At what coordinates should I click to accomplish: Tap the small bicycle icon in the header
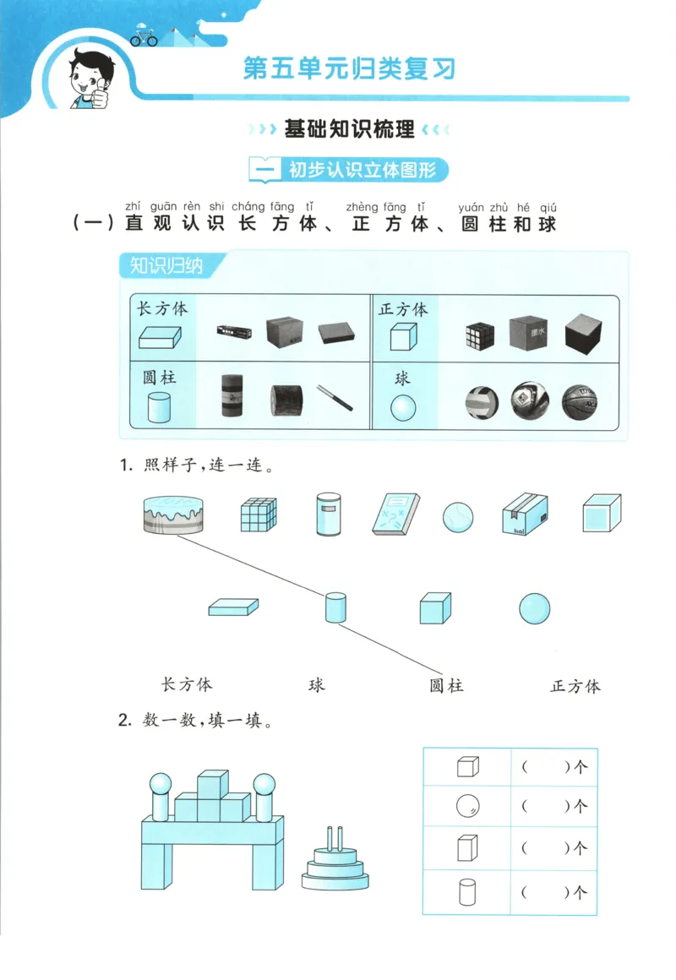[x=144, y=38]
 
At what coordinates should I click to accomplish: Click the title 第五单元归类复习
[x=349, y=68]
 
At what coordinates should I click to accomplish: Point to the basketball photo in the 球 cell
[x=579, y=402]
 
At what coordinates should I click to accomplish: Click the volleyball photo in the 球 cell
[x=482, y=403]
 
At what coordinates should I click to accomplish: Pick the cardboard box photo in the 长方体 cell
[x=284, y=332]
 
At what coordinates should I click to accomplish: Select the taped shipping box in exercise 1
[x=524, y=514]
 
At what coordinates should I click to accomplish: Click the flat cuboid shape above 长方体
[x=233, y=607]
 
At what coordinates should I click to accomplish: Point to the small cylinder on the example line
[x=336, y=607]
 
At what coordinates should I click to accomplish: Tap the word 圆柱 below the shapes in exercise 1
[x=446, y=685]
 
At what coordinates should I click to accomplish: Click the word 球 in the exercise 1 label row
[x=317, y=684]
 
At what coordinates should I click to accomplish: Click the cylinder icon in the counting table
[x=467, y=892]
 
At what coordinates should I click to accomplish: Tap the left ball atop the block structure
[x=161, y=784]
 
